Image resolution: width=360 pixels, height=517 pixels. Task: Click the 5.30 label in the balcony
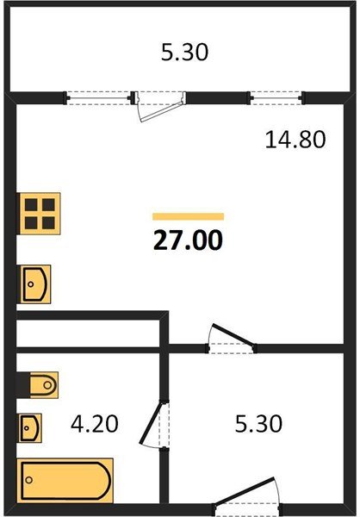pyautogui.click(x=185, y=53)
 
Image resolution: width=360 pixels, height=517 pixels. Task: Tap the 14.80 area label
pyautogui.click(x=295, y=140)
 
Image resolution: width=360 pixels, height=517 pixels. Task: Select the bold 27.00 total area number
pyautogui.click(x=188, y=240)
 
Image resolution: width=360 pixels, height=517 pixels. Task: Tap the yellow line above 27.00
pyautogui.click(x=188, y=216)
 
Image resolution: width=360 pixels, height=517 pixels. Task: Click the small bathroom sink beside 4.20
pyautogui.click(x=31, y=427)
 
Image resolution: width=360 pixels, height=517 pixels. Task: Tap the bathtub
pyautogui.click(x=65, y=479)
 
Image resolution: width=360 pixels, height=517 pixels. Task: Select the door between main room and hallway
pyautogui.click(x=233, y=340)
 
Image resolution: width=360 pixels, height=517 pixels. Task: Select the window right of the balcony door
pyautogui.click(x=275, y=97)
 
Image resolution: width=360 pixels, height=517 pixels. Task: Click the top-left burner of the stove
pyautogui.click(x=31, y=204)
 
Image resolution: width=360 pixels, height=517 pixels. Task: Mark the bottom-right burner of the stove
pyautogui.click(x=49, y=222)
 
